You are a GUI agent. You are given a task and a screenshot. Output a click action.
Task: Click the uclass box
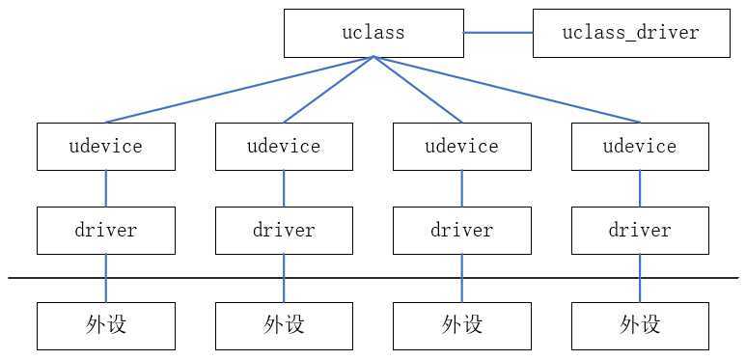point(373,33)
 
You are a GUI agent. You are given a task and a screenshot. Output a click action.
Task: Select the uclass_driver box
point(630,33)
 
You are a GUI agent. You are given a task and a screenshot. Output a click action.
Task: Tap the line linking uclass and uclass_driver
point(497,33)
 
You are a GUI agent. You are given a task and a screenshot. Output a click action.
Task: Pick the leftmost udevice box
point(106,147)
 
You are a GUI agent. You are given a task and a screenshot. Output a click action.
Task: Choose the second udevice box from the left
point(284,147)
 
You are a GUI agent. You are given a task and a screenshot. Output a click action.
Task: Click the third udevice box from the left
point(461,147)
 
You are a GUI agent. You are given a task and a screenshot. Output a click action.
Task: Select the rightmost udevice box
point(639,147)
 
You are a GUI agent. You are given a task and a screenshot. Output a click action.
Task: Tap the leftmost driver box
point(106,231)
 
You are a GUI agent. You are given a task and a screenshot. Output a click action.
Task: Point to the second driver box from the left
point(284,231)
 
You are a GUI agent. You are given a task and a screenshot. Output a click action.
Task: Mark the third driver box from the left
point(461,231)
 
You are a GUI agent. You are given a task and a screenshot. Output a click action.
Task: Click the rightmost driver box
point(639,231)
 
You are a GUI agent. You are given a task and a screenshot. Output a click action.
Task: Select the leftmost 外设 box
point(106,325)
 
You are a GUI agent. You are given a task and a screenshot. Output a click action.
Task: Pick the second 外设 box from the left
point(284,325)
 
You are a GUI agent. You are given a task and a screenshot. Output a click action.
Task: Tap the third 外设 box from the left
point(461,325)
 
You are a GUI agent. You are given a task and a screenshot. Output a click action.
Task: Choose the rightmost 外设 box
point(639,325)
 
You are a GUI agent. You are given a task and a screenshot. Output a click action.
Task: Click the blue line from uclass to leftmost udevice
point(239,90)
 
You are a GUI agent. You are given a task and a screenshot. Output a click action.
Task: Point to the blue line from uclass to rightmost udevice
point(507,90)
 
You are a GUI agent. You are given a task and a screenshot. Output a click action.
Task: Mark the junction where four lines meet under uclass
point(373,58)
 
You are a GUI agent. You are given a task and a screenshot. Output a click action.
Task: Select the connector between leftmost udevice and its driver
point(106,188)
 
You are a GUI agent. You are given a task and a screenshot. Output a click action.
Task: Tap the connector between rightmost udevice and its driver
point(639,188)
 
